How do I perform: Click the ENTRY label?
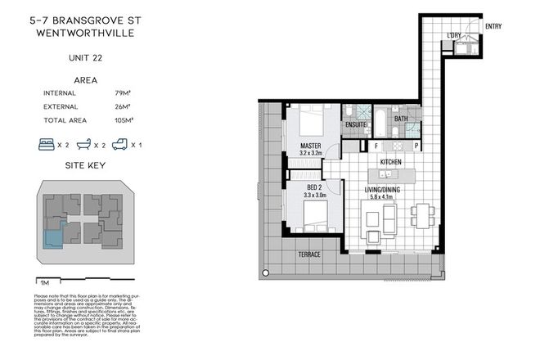click(x=493, y=26)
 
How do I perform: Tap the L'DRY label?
click(x=454, y=34)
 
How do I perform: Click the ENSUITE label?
click(x=355, y=124)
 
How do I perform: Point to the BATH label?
click(x=400, y=119)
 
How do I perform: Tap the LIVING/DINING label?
click(x=387, y=189)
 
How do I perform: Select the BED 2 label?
click(x=303, y=188)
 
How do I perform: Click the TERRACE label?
click(x=308, y=254)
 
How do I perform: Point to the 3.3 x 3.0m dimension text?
click(x=303, y=196)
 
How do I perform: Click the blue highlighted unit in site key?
click(x=53, y=238)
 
